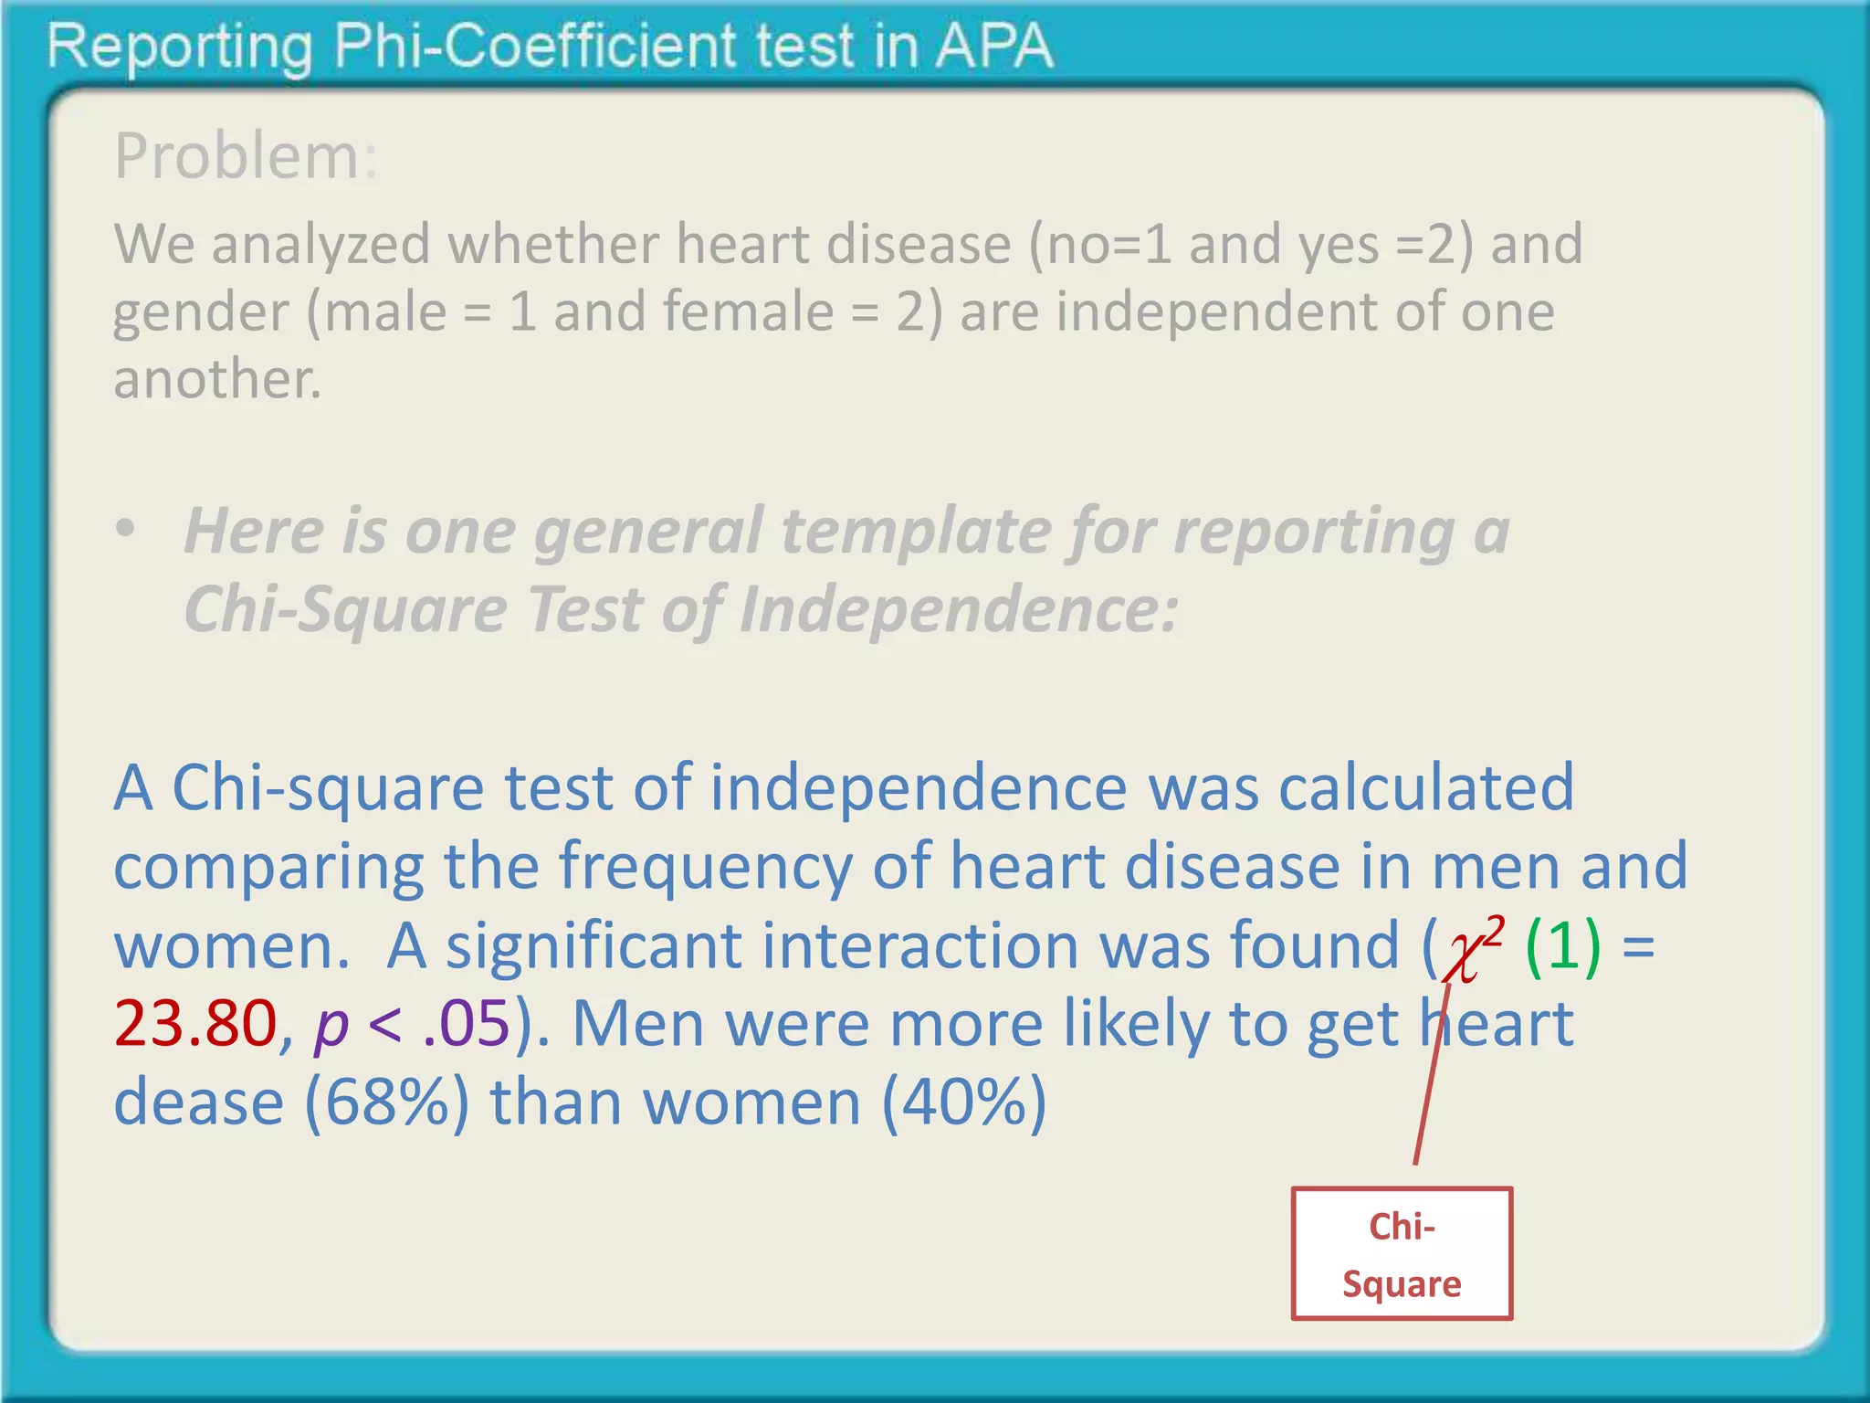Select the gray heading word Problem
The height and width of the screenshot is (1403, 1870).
[x=236, y=156]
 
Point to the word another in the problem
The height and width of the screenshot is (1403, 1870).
[x=216, y=379]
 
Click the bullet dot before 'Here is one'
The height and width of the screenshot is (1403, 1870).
[x=126, y=529]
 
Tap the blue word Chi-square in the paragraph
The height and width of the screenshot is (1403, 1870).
[x=328, y=788]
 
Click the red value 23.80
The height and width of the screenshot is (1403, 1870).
[x=195, y=1023]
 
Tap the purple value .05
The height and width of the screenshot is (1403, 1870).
[x=466, y=1023]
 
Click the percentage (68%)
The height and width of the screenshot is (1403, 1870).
[x=387, y=1102]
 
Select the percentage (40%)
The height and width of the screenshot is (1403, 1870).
[x=964, y=1102]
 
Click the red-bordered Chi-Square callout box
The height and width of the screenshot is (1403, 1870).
[x=1402, y=1254]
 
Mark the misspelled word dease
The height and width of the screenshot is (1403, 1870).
[x=199, y=1102]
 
